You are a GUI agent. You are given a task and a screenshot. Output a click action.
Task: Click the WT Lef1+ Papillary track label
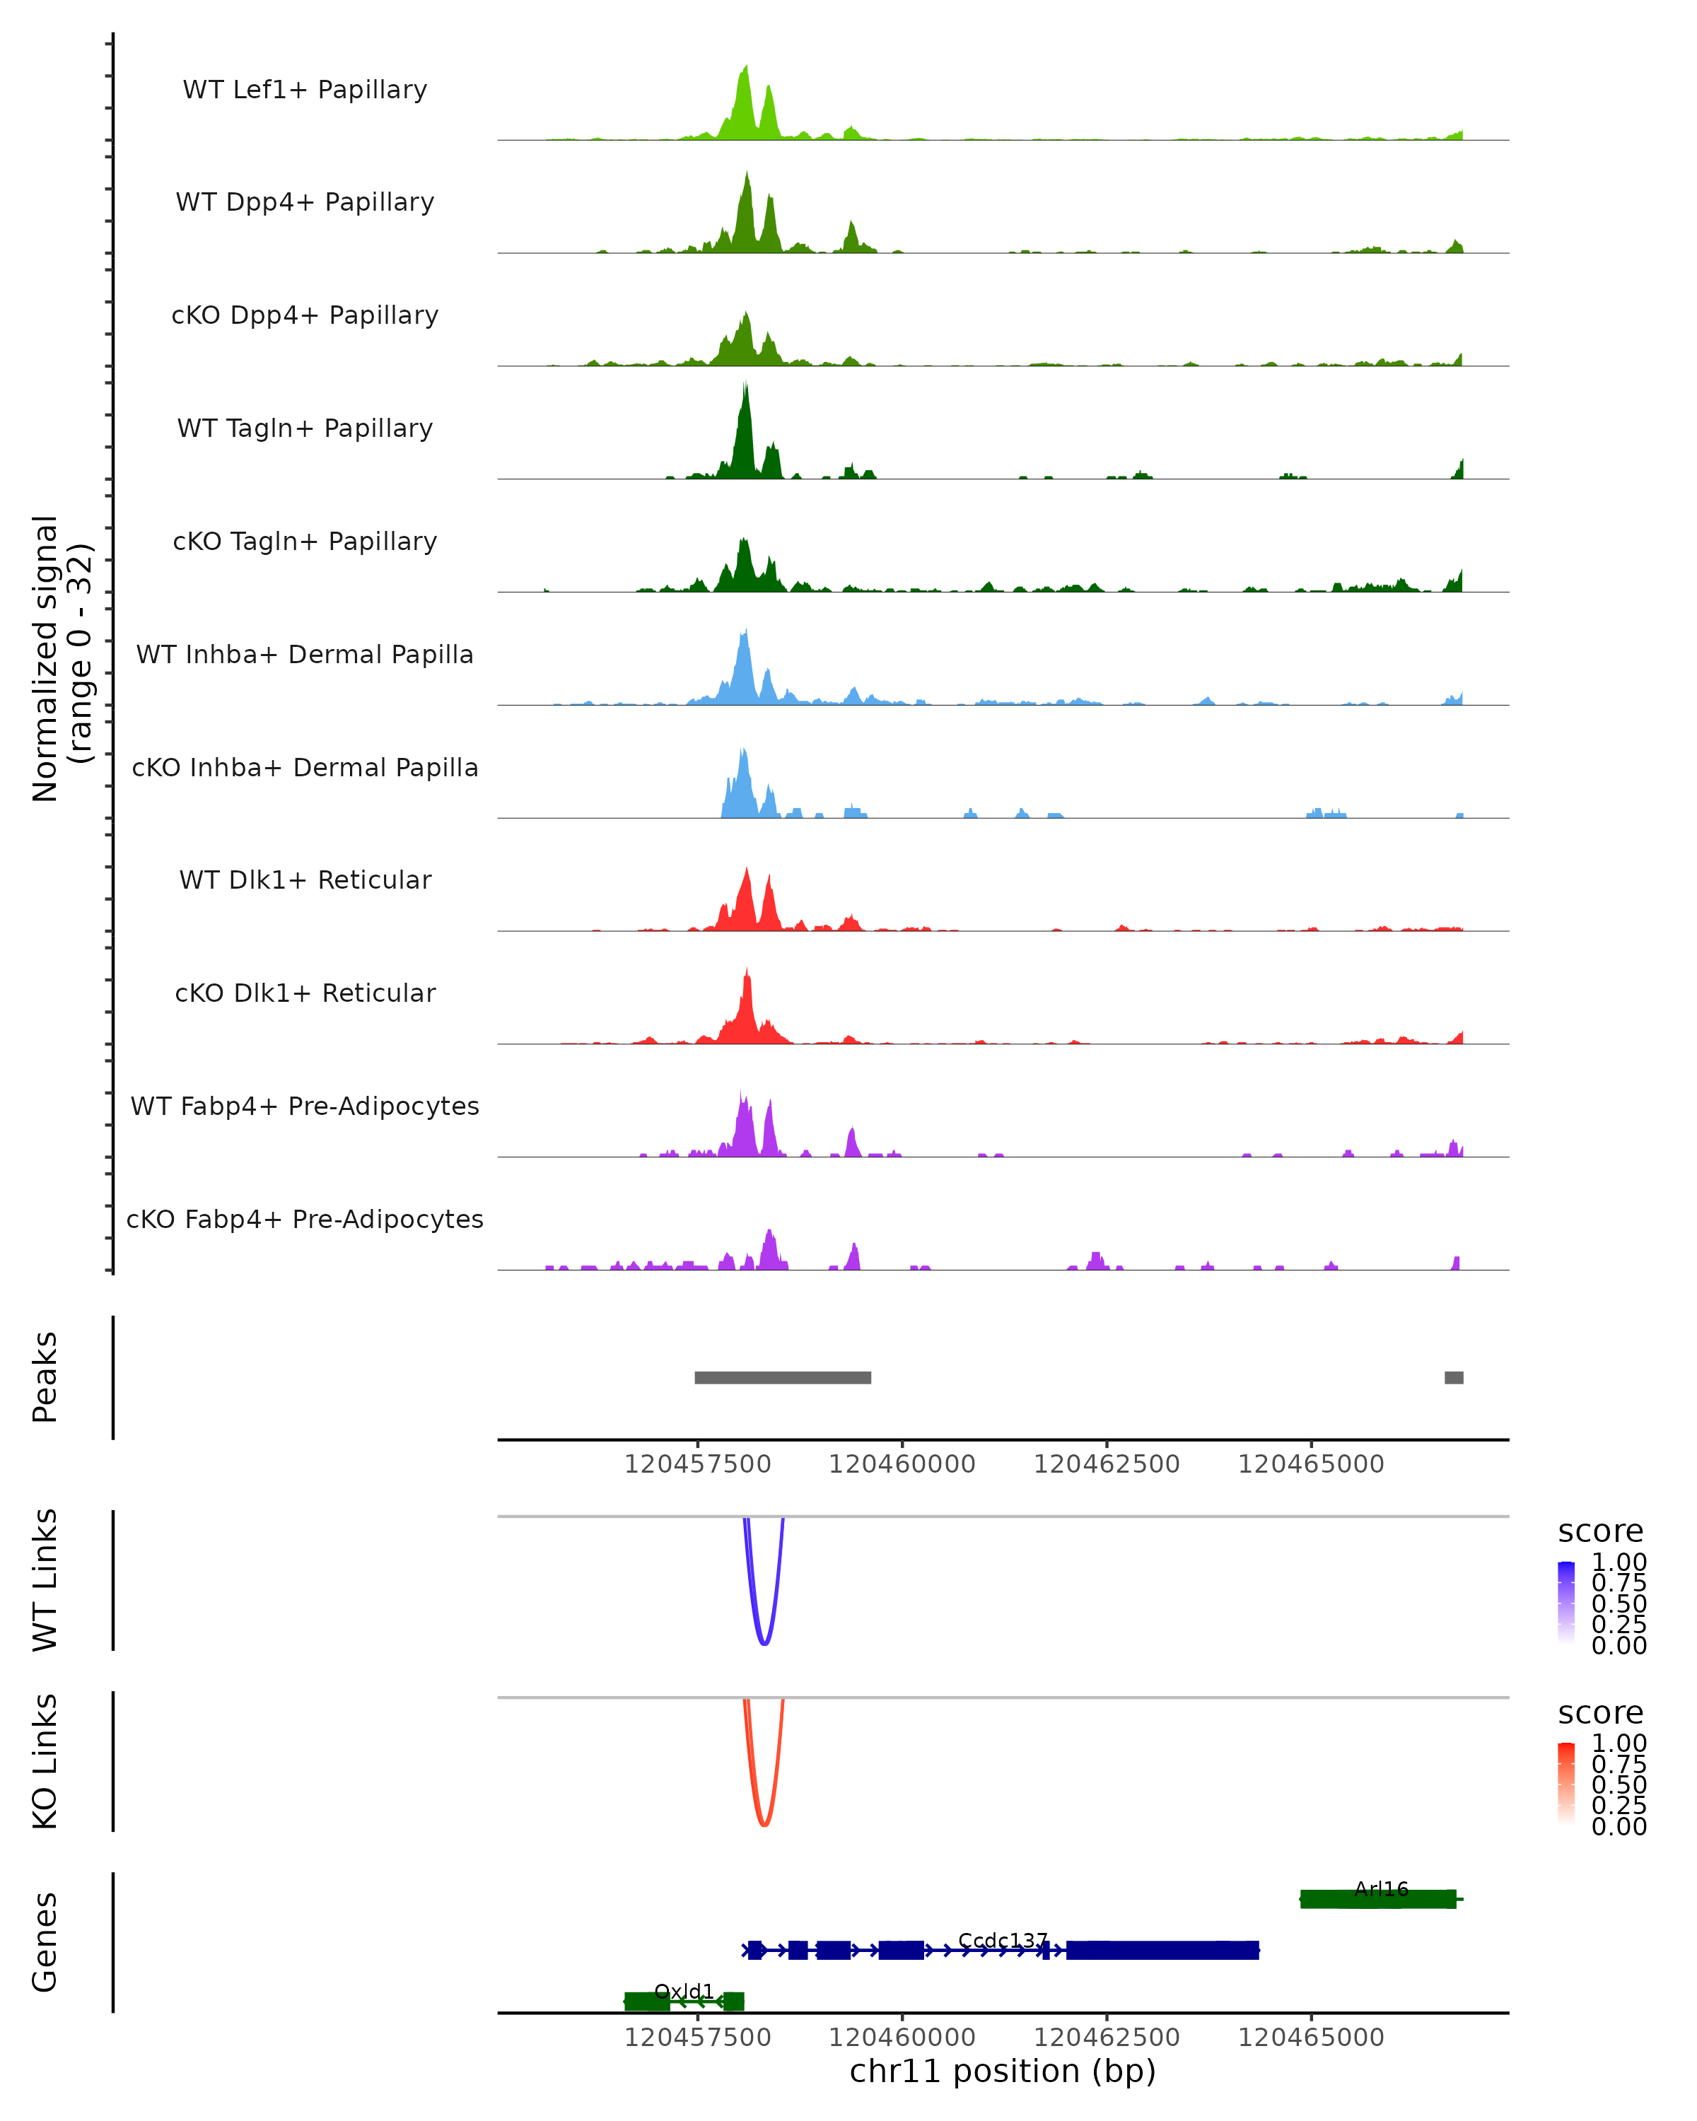coord(305,90)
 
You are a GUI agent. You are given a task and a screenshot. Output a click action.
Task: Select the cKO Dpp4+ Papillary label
coord(305,315)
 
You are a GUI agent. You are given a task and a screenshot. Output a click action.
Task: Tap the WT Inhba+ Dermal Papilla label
coord(305,654)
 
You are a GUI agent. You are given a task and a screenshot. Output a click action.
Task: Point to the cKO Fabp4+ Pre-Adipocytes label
coord(305,1219)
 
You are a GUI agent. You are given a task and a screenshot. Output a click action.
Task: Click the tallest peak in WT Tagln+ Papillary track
coord(746,390)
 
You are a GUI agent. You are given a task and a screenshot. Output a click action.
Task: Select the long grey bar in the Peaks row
coord(782,1377)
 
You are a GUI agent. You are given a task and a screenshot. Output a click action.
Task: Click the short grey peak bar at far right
coord(1453,1377)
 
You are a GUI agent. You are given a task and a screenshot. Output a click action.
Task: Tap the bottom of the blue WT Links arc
coord(764,1643)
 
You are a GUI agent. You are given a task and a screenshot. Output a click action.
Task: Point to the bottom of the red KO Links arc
coord(764,1825)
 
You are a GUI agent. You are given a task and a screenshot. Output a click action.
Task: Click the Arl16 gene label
coord(1381,1889)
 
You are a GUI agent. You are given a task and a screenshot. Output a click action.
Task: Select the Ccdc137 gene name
coord(1003,1941)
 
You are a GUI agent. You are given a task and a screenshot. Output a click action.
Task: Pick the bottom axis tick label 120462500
coord(1106,2038)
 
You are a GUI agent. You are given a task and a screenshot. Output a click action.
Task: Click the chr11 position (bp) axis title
coord(1003,2072)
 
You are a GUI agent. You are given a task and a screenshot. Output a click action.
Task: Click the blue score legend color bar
coord(1566,1603)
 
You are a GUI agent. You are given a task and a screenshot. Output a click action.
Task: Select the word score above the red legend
coord(1599,1713)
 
